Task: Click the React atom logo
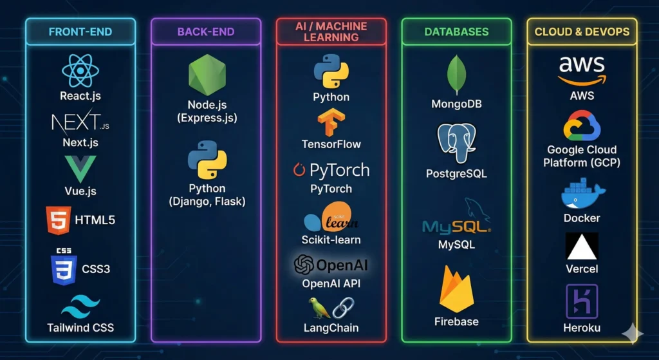coord(80,71)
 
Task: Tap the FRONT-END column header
coord(80,31)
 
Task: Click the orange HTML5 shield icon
coord(58,220)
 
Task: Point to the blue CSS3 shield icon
coord(63,268)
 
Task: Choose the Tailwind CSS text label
coord(80,327)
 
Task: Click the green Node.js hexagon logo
coord(207,75)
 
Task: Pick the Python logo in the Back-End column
coord(207,160)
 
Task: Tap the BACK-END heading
coord(206,31)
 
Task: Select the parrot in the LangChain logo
coord(319,308)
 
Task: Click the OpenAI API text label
coord(331,283)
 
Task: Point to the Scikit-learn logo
coord(331,219)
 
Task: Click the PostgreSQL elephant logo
coord(456,142)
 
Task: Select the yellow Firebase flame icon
coord(456,289)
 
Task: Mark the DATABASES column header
coord(456,31)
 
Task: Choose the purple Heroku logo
coord(582,301)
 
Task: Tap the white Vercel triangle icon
coord(582,245)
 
